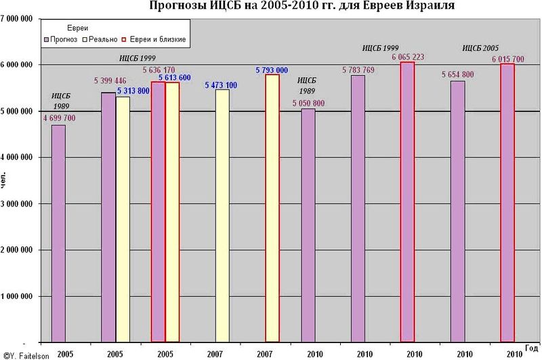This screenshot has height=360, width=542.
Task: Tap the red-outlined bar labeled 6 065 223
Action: [x=408, y=203]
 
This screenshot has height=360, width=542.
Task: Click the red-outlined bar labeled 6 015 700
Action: [x=507, y=203]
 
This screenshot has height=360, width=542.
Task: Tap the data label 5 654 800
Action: [x=458, y=75]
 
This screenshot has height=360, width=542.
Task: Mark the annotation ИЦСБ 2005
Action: [x=480, y=48]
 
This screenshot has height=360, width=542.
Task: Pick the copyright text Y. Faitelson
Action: [x=24, y=355]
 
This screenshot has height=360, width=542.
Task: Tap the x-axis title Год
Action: [x=533, y=348]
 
